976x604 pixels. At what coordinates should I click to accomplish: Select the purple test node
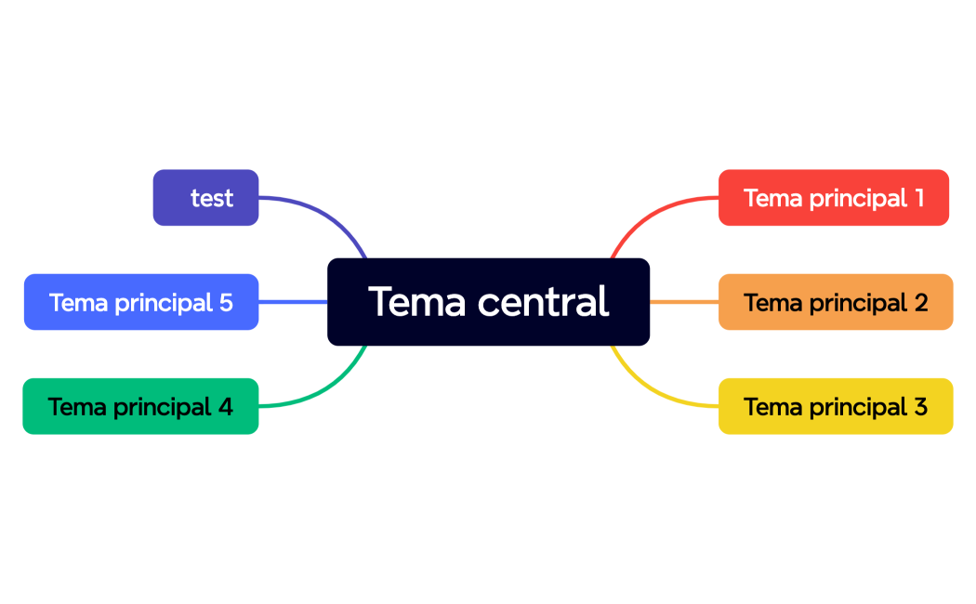(205, 197)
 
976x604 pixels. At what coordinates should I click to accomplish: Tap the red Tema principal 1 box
(833, 197)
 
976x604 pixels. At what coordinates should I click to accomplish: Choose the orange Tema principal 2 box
(835, 302)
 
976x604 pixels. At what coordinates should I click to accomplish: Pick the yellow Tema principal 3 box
(835, 406)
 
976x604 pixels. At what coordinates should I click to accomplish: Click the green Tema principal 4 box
(140, 406)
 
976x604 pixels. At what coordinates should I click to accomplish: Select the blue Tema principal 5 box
(140, 302)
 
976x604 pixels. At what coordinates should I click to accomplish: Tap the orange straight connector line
(683, 302)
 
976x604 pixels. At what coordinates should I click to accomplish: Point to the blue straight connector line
(293, 302)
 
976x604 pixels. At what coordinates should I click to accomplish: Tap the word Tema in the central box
(416, 301)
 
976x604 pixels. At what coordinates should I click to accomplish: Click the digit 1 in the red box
(919, 198)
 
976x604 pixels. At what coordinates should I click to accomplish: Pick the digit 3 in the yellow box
(920, 407)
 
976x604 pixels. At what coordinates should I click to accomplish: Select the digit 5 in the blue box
(226, 303)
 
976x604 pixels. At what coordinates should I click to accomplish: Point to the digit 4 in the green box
(226, 407)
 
